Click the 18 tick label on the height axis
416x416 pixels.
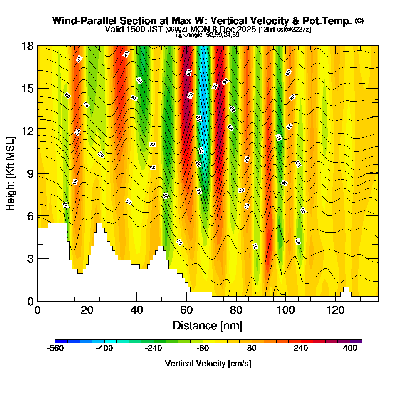(27, 46)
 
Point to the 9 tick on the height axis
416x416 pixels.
(37, 173)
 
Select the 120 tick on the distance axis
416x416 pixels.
(336, 301)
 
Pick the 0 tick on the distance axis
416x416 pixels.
(37, 301)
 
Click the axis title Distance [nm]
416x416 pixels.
(207, 325)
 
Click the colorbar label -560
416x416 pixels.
(55, 349)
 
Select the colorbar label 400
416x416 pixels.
(350, 349)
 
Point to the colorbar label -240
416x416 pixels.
(153, 349)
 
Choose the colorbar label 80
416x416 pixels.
(252, 349)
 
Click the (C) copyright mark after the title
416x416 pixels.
(359, 20)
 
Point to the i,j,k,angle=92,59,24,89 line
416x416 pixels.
(208, 35)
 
